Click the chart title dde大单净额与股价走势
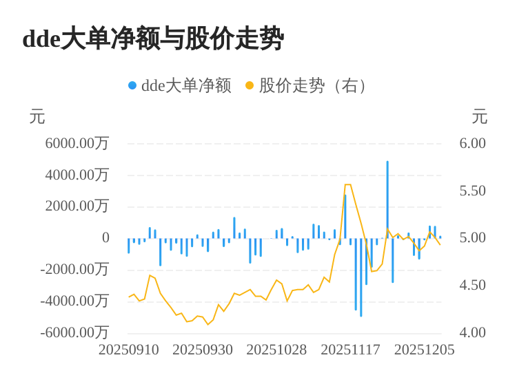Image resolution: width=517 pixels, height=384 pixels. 153,39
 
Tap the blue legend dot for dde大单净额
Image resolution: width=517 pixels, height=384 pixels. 132,86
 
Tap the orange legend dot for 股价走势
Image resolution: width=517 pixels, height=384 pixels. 250,86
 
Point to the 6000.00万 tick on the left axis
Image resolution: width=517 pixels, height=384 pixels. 77,143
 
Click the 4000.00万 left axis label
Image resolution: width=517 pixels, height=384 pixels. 77,175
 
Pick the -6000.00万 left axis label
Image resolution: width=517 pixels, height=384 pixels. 74,332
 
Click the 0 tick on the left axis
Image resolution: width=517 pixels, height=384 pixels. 105,238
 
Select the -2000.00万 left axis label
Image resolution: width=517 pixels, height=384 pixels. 74,269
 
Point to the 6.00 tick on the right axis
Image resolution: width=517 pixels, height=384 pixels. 473,143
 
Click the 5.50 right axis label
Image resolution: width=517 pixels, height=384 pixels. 473,191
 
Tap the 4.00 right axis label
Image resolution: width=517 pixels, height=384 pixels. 473,332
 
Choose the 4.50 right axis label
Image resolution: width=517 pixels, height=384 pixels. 473,285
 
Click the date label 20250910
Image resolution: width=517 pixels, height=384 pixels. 129,350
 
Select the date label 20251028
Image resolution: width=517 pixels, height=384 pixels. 276,350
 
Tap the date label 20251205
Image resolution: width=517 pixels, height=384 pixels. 424,350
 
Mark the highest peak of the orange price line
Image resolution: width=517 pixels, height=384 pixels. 347,184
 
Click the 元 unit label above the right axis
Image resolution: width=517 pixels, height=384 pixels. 479,117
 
